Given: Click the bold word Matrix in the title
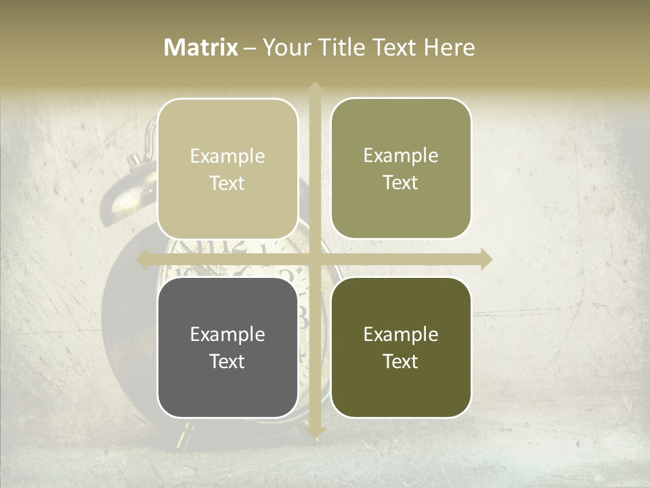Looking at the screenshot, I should point(201,47).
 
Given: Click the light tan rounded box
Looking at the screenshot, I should point(227,169).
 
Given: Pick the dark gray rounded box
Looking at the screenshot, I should point(227,347).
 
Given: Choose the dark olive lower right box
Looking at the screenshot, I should point(401,347).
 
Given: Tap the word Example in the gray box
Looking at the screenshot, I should point(227,334).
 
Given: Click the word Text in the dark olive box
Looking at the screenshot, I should point(401,361).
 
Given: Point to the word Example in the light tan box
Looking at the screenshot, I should point(227,156).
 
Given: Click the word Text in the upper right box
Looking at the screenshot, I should point(401,182).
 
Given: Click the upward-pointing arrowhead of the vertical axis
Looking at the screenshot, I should point(314,88).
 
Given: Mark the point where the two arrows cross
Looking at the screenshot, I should point(314,259).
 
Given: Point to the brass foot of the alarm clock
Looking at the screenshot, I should point(183,437).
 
